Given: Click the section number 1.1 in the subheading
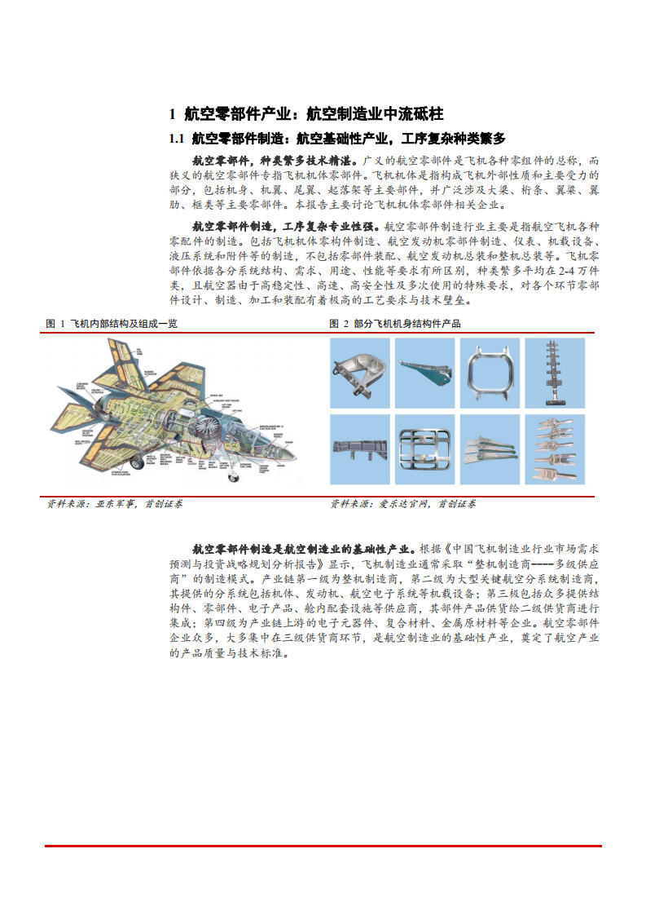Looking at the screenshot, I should (177, 138).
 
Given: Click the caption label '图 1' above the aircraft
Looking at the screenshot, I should (55, 324).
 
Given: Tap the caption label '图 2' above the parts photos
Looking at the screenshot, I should (339, 324).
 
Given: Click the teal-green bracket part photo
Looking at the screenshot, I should (424, 372).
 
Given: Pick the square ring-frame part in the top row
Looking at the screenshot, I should (489, 372).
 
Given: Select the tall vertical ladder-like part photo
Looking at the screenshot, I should (555, 372).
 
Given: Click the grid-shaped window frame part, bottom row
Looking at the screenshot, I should (424, 449).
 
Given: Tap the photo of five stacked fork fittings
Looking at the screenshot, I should (555, 449).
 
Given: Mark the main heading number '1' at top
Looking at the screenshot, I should (172, 113).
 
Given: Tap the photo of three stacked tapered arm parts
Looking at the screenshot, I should (489, 449).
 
